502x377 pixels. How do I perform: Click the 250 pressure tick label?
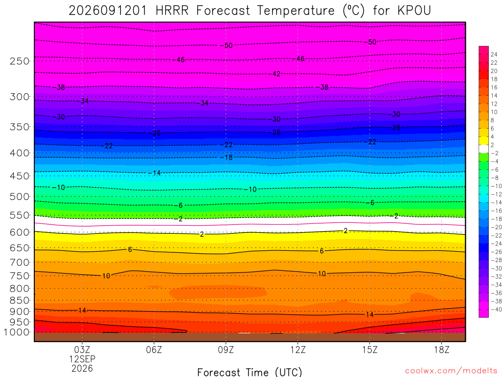(x=20, y=61)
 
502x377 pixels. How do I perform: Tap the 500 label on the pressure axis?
(x=20, y=196)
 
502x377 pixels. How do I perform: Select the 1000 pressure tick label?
(x=17, y=332)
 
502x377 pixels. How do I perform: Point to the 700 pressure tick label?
(x=20, y=263)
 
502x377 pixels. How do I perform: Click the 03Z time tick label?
(x=82, y=350)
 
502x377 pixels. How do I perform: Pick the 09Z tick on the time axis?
(x=226, y=350)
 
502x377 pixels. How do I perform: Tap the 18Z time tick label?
(x=442, y=350)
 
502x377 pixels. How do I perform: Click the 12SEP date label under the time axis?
(x=82, y=359)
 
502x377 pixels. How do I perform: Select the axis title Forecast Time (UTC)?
(x=250, y=372)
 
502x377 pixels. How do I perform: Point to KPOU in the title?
(x=414, y=11)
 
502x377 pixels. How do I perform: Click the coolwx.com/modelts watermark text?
(x=451, y=371)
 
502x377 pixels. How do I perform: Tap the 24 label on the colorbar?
(x=494, y=54)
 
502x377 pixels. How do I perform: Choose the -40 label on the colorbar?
(x=496, y=309)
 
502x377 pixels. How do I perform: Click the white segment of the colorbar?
(x=484, y=149)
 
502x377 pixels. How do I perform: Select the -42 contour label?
(x=276, y=74)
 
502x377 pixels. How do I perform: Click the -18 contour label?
(x=228, y=158)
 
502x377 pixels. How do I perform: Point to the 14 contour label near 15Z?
(x=370, y=315)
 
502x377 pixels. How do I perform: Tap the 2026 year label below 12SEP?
(x=82, y=369)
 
